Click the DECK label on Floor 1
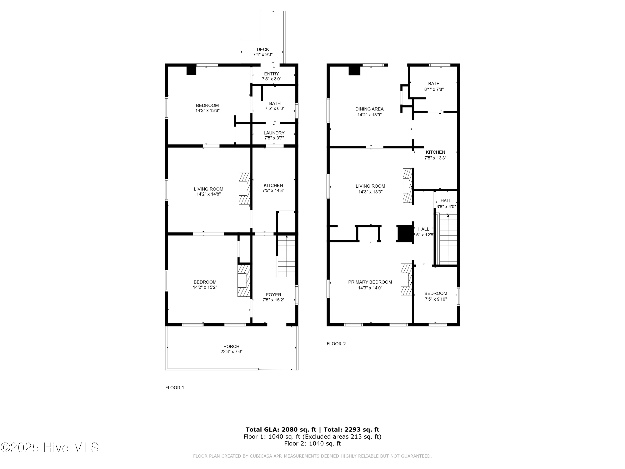tap(262, 49)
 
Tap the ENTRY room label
tap(271, 74)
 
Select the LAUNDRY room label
tap(274, 133)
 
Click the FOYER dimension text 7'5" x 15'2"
tap(273, 300)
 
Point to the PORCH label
tap(231, 346)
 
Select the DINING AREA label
tap(369, 109)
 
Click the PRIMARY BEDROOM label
tap(370, 282)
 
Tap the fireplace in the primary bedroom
tap(406, 280)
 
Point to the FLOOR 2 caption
tap(336, 344)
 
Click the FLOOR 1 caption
tap(175, 387)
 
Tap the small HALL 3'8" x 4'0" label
tap(446, 203)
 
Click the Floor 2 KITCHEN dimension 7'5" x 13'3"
tap(435, 158)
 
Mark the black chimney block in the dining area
tap(354, 70)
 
